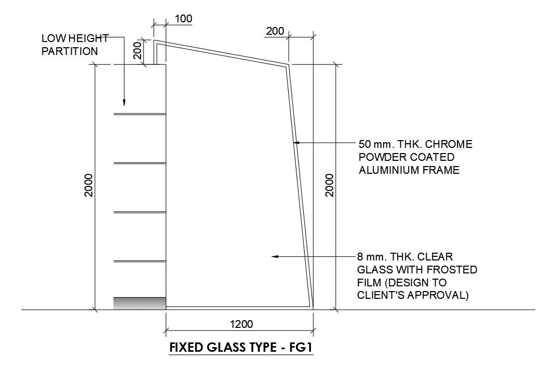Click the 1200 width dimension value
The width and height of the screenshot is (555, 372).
coord(241,325)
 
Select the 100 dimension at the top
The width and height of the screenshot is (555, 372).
coord(183,19)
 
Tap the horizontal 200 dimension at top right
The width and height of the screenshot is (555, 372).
coord(275,31)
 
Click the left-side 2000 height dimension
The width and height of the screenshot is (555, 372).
coord(89,185)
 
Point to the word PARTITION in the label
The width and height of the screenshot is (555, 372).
coord(70,51)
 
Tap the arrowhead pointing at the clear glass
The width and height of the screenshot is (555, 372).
coord(276,256)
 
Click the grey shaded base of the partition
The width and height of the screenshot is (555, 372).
coord(139,304)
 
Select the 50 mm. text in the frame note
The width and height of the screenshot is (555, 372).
coord(377,144)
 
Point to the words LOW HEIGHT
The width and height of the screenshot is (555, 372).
coord(75,38)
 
